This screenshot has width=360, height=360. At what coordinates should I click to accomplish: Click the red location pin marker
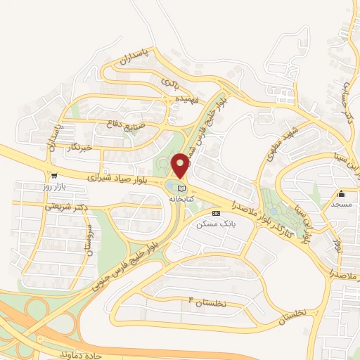click(181, 165)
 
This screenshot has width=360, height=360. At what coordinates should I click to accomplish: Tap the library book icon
click(183, 188)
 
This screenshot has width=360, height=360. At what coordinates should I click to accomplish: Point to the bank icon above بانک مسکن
click(215, 212)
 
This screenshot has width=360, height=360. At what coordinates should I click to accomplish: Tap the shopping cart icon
click(54, 175)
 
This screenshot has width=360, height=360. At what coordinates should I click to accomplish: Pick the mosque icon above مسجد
click(342, 193)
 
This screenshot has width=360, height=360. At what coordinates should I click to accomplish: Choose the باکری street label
click(170, 84)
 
